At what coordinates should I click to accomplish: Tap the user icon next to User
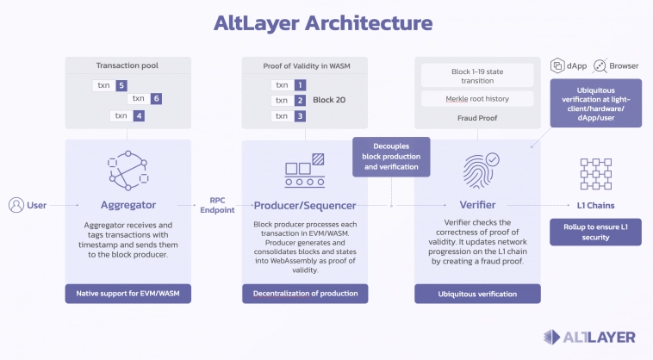(x=16, y=205)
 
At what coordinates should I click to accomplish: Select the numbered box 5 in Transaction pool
(x=122, y=85)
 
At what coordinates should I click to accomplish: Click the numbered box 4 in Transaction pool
(x=140, y=115)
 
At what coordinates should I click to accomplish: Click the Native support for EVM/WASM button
(x=127, y=294)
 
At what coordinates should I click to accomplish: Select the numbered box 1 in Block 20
(x=299, y=85)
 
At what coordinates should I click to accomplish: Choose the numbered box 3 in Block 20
(x=299, y=115)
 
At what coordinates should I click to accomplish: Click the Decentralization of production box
(x=305, y=294)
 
